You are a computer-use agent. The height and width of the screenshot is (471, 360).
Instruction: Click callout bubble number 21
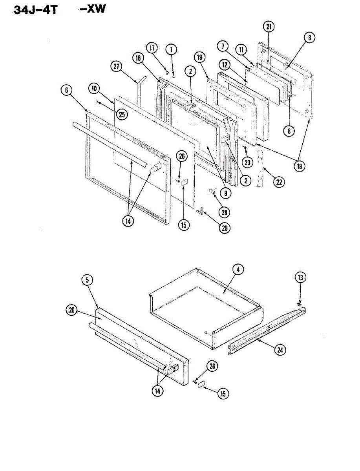coord(269,27)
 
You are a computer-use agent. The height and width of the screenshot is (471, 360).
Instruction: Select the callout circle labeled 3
coord(309,38)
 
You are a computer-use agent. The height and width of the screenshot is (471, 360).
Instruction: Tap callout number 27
coord(116,67)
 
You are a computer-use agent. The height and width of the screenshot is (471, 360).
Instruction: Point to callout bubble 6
coord(66,90)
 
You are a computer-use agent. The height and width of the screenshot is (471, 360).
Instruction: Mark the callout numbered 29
coord(224,228)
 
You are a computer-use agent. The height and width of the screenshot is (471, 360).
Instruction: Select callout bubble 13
coord(300,277)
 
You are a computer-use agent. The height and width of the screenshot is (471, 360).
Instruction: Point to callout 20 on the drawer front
coord(71,310)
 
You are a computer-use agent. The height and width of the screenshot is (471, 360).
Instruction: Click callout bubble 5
coord(87,280)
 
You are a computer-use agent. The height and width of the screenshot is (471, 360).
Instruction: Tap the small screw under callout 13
coord(300,304)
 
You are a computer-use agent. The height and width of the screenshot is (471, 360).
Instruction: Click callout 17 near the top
coord(152,48)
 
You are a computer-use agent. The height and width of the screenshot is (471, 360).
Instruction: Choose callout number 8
coord(289,131)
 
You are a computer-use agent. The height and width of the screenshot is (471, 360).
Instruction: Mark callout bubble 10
coord(95,89)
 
